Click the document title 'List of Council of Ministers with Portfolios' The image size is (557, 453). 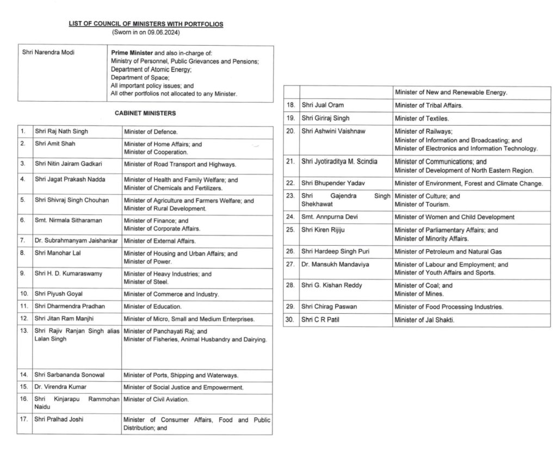pos(146,24)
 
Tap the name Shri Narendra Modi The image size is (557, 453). pos(48,52)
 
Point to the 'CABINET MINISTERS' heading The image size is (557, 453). pos(145,113)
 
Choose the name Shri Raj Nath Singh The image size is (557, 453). pos(61,132)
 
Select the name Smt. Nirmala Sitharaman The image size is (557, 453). pos(69,221)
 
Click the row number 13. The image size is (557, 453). pos(23,331)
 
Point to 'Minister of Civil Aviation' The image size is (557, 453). pos(156,400)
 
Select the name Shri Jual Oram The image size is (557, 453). pos(322,105)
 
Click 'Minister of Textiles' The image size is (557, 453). pos(422,118)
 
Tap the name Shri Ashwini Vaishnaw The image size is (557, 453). pos(333,131)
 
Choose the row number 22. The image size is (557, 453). pos(290,183)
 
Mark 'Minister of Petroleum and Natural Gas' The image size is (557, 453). pos(448,252)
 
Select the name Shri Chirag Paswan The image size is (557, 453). pos(329,307)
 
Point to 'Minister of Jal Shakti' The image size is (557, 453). pos(424,320)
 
